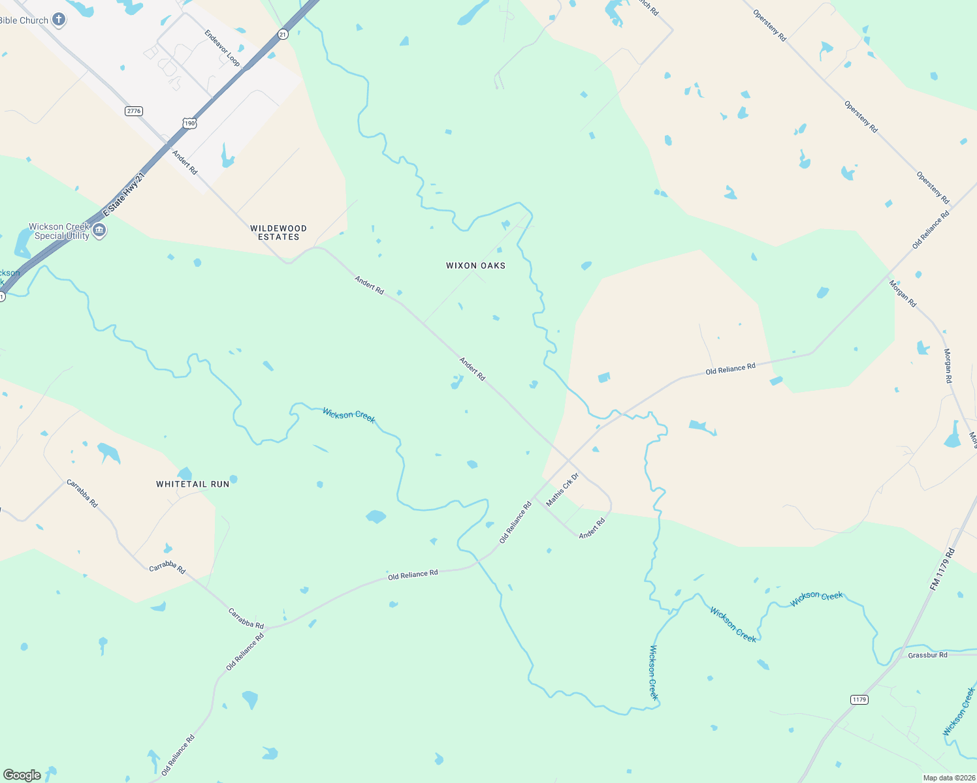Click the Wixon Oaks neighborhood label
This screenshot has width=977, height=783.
(x=475, y=266)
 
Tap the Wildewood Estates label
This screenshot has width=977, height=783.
(x=278, y=232)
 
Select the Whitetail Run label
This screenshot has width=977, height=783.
(x=193, y=484)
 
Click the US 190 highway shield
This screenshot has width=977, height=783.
(x=189, y=123)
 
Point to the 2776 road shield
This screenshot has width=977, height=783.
(x=134, y=111)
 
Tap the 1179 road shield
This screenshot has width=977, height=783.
(x=859, y=699)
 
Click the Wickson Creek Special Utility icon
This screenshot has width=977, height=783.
(x=99, y=230)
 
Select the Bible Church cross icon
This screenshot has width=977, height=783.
(x=59, y=20)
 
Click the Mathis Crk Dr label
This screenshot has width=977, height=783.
(x=562, y=489)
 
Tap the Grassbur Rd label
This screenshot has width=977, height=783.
(x=927, y=655)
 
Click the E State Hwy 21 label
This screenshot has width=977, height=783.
(x=123, y=195)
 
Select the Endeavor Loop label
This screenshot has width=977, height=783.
(x=222, y=48)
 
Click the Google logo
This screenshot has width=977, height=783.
(x=22, y=775)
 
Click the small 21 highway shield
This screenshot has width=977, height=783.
(x=282, y=34)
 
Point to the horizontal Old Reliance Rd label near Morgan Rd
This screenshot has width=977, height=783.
(x=730, y=369)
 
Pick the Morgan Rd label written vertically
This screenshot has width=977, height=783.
(x=948, y=365)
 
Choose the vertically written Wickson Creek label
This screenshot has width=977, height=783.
(x=653, y=672)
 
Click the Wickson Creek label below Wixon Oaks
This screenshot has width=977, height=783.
(x=349, y=415)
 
